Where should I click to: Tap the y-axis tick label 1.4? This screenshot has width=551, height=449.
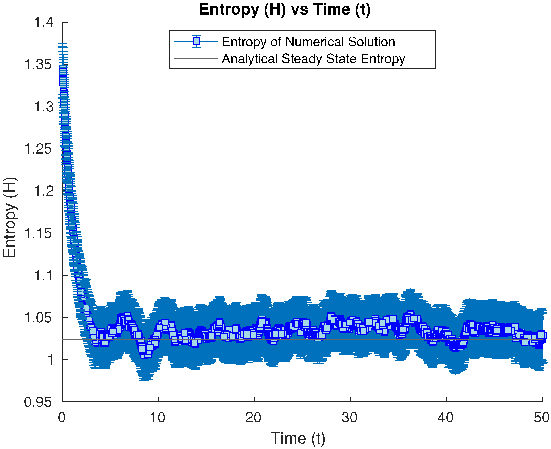pos(44,22)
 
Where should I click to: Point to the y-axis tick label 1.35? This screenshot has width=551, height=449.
pos(38,64)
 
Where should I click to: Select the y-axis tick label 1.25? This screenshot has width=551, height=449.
pos(38,149)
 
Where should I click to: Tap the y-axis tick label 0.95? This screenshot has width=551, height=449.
pos(38,402)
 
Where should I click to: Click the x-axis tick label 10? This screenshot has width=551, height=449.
pos(158,418)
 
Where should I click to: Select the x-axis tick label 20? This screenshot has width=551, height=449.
pos(253,418)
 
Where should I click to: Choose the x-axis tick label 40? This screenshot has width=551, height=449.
pos(446,418)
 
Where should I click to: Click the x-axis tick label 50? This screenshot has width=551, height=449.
pos(541,418)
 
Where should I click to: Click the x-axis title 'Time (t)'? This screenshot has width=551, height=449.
pos(298,438)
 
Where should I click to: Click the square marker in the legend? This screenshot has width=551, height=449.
pos(196,41)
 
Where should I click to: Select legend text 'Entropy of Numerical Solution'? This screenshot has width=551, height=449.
pos(308,42)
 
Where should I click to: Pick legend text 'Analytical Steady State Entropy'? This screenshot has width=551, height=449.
pos(313,59)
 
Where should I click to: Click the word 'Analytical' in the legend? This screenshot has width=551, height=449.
pos(249,59)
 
